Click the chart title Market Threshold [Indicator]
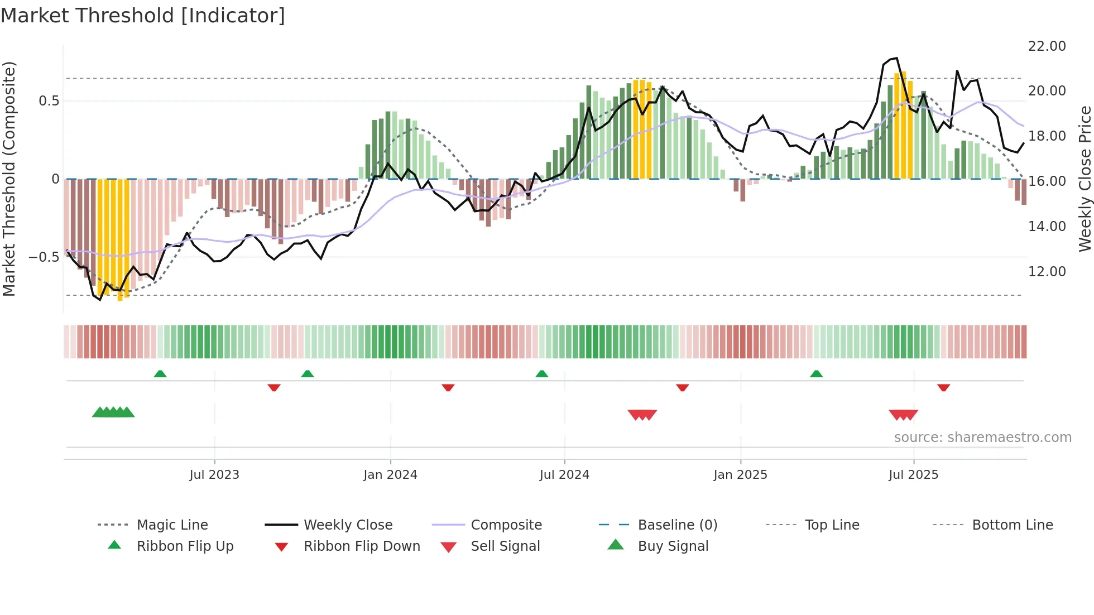(x=143, y=16)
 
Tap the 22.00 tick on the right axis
(x=1047, y=46)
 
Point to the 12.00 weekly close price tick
(x=1047, y=272)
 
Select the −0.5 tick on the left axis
(x=44, y=257)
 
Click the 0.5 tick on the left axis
(x=49, y=101)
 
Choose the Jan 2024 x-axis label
(x=390, y=475)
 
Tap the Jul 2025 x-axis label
(x=913, y=475)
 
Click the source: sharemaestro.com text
(x=982, y=438)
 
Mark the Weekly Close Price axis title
(x=1085, y=179)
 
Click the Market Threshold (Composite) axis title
(x=9, y=179)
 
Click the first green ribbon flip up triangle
(x=160, y=374)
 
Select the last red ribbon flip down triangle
(x=943, y=387)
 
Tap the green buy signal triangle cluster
(x=113, y=412)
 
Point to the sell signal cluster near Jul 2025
(x=903, y=415)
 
